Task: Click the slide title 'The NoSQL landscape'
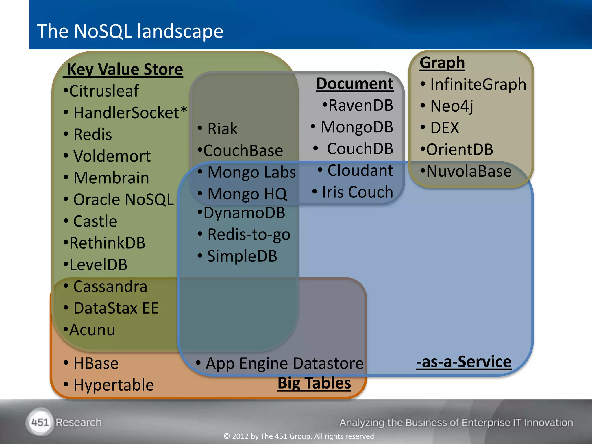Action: pos(130,31)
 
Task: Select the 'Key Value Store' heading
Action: pos(124,70)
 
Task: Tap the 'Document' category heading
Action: pos(355,84)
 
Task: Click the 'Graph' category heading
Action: pos(442,63)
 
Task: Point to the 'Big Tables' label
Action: pos(314,383)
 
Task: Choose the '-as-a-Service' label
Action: pos(464,362)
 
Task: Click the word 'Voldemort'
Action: pos(112,156)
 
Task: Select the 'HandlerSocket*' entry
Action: pos(130,113)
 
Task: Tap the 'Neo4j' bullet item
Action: pos(452,106)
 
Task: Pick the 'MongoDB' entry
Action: pos(357,127)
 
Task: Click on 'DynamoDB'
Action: pos(244,213)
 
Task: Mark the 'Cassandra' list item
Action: pos(110,286)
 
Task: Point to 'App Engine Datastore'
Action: pos(284,363)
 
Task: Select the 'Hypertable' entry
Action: pos(113,385)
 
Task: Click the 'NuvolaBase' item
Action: pos(469,171)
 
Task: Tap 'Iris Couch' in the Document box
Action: pos(357,192)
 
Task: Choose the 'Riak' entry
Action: pos(222,129)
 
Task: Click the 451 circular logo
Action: pos(40,422)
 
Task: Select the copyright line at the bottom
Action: pos(299,436)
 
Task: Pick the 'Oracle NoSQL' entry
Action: pos(123,200)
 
